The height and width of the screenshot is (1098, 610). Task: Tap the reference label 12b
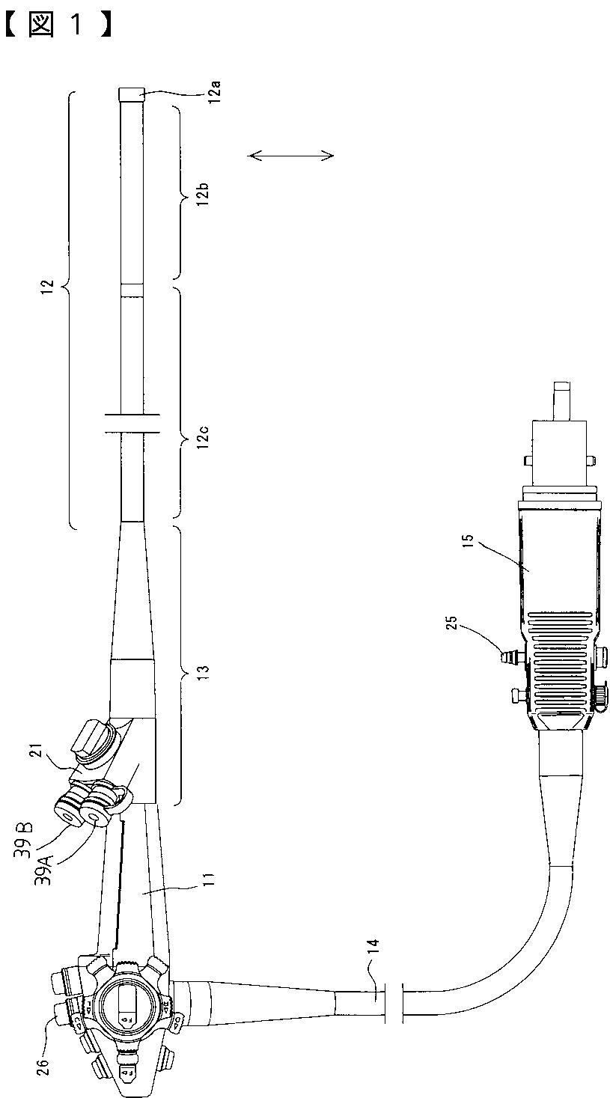pos(203,193)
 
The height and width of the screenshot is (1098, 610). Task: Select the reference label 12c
pos(203,436)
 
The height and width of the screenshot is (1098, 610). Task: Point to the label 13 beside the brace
pos(203,671)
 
